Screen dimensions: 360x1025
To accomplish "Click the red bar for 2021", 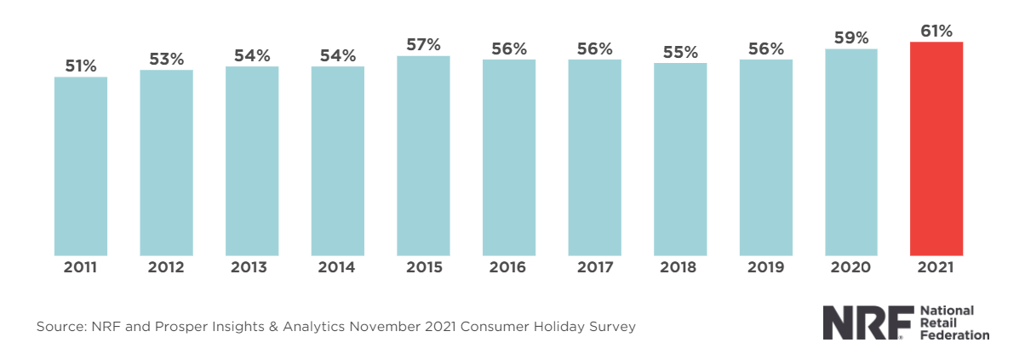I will tap(936, 148).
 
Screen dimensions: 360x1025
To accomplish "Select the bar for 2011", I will tap(81, 166).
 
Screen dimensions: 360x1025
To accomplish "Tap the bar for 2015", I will tap(423, 156).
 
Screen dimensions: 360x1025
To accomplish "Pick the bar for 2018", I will tap(680, 159).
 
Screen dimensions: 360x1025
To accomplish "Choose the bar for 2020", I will tap(851, 151).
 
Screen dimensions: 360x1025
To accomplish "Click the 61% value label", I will tap(936, 31).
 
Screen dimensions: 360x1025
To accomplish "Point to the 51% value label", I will tap(81, 66).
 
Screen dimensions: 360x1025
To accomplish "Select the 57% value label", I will tap(423, 45).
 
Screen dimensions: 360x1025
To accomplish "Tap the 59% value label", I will tap(851, 38).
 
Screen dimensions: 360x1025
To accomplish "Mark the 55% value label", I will tap(680, 52).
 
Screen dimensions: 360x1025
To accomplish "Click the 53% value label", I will tap(166, 59).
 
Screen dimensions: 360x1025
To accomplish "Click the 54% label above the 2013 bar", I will tap(252, 55).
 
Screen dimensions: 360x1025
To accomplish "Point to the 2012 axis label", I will tap(166, 267).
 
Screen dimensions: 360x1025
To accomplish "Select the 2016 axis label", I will tap(508, 267).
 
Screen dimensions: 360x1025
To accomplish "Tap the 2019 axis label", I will tap(765, 267).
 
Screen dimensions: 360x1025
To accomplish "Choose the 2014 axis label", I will tap(337, 267).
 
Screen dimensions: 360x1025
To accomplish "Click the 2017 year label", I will tap(594, 267).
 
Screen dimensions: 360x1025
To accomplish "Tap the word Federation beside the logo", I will tap(955, 335).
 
